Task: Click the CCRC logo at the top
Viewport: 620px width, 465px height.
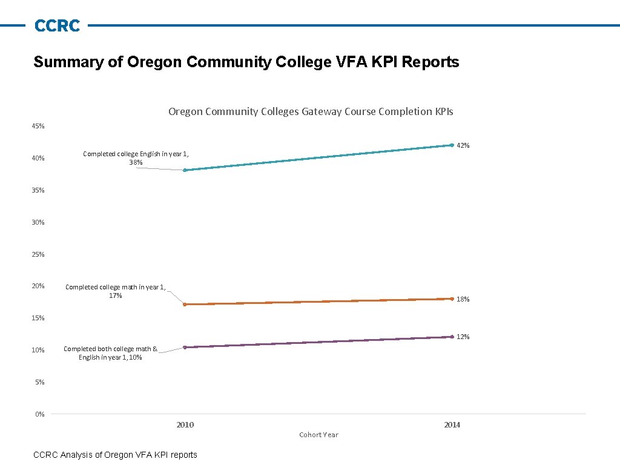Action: point(57,25)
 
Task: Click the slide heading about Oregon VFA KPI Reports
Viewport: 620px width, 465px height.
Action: point(246,62)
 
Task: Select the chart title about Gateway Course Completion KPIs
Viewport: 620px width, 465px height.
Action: point(311,111)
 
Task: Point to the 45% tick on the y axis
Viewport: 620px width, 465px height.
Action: point(38,126)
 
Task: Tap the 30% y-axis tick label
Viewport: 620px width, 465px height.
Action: point(38,222)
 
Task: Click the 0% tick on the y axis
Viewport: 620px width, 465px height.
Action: point(40,414)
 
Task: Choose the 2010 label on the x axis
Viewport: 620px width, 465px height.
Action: point(185,424)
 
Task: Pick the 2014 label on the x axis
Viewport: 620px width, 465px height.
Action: point(452,424)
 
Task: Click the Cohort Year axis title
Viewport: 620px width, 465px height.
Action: point(318,435)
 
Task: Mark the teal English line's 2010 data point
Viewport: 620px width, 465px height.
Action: point(185,170)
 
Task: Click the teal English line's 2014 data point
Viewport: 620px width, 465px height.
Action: point(452,145)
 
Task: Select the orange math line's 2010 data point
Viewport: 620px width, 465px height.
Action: point(185,304)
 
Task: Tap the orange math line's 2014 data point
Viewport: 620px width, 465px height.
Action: point(452,298)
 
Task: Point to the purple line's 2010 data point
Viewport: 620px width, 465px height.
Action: point(185,347)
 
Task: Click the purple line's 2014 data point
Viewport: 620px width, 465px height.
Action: point(452,337)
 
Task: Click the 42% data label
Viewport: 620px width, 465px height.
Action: point(463,145)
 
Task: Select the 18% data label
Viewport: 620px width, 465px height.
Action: point(463,299)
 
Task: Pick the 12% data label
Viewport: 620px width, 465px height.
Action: point(463,337)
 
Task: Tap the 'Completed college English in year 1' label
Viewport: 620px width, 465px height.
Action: point(136,157)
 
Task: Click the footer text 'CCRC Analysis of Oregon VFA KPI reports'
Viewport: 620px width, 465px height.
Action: point(115,455)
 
